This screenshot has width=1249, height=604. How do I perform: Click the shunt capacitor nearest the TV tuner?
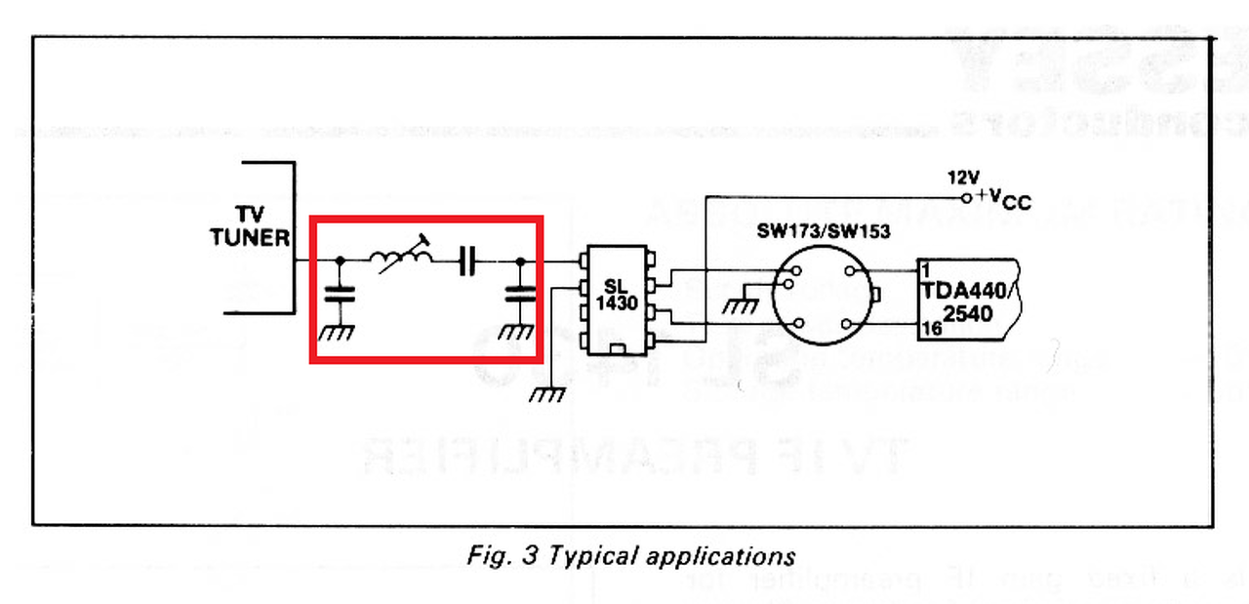[339, 292]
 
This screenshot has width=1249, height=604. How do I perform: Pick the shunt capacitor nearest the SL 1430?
[519, 292]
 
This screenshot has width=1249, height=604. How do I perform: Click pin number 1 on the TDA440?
[924, 267]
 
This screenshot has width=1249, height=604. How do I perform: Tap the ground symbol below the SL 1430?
[548, 394]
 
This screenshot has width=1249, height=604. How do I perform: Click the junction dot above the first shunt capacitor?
[339, 261]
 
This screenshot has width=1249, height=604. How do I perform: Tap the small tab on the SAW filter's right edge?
[875, 295]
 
